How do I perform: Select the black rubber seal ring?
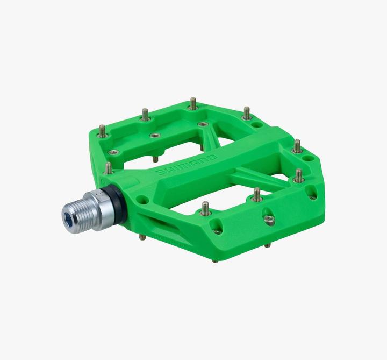[120, 203]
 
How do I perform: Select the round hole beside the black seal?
[142, 200]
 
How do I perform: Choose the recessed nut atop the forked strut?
[202, 124]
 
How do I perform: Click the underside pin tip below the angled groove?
[142, 236]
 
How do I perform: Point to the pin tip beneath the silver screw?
[267, 245]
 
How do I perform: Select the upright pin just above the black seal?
[109, 167]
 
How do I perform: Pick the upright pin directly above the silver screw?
[257, 194]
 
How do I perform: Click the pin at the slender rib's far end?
[298, 175]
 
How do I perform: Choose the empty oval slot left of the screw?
[217, 226]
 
